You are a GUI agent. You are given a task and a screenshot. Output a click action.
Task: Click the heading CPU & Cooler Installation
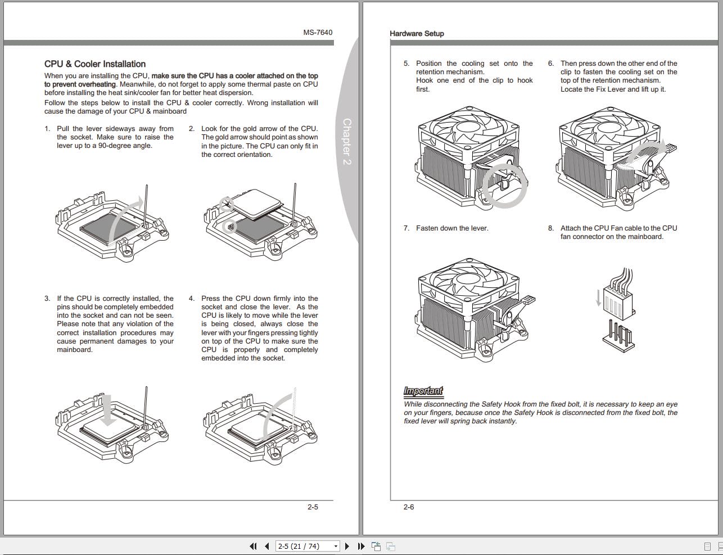click(x=95, y=64)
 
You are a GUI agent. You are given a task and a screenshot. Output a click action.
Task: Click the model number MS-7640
click(x=318, y=33)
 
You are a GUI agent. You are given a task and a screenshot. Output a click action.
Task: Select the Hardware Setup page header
click(x=417, y=34)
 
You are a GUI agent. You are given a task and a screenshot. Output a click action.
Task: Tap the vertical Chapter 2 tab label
click(x=347, y=141)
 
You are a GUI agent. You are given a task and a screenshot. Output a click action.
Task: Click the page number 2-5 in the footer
click(x=313, y=507)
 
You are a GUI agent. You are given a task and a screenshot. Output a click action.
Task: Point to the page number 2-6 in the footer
click(x=409, y=507)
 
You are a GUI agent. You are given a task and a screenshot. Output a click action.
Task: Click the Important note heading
click(x=423, y=391)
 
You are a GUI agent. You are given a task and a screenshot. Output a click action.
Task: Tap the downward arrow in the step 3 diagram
click(x=108, y=410)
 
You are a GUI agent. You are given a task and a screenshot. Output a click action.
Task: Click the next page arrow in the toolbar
click(x=347, y=546)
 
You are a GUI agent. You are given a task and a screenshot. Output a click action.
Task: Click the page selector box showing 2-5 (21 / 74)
click(x=308, y=546)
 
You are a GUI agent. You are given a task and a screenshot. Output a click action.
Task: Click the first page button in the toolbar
click(x=253, y=546)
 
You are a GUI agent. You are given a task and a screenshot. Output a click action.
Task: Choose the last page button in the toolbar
click(x=361, y=546)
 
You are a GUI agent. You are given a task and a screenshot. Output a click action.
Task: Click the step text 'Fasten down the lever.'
click(x=452, y=228)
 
